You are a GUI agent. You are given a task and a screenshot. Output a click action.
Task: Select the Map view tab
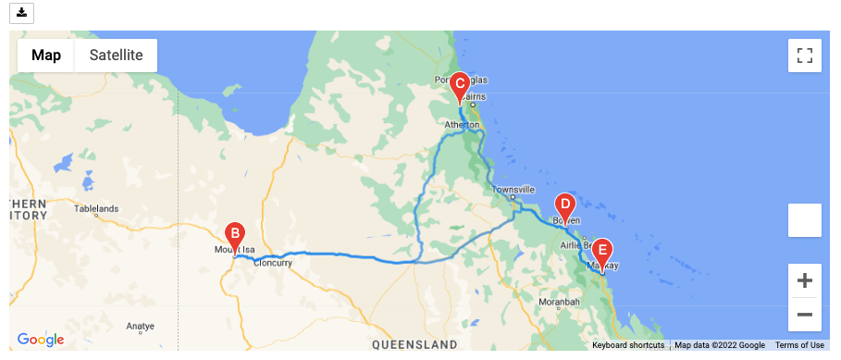46,56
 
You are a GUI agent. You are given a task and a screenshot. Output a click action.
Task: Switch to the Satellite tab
116,56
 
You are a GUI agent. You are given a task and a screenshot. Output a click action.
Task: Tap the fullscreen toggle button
804,55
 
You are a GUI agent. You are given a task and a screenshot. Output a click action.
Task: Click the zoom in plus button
804,280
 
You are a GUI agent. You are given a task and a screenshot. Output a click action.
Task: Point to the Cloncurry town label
273,263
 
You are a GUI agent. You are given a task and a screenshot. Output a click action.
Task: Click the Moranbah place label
558,302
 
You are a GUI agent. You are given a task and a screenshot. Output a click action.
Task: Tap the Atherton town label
462,125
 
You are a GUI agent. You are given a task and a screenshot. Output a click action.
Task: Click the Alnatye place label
140,326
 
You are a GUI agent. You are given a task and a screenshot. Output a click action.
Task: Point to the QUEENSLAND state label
415,344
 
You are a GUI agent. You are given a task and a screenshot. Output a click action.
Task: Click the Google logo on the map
41,340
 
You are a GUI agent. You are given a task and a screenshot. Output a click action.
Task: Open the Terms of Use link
799,345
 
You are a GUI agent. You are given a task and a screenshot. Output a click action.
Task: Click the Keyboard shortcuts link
628,345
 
